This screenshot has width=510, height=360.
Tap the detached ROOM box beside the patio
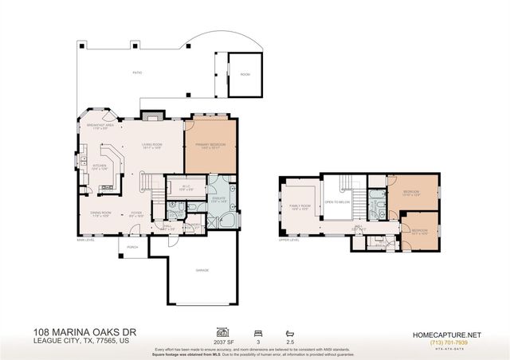pos(245,73)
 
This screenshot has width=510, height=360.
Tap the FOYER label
pos(137,213)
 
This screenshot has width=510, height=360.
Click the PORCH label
pos(131,247)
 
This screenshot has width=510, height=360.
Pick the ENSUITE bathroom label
pos(217,201)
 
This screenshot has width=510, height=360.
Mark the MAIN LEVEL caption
pos(86,239)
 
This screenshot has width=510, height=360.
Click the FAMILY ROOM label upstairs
pos(300,207)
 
